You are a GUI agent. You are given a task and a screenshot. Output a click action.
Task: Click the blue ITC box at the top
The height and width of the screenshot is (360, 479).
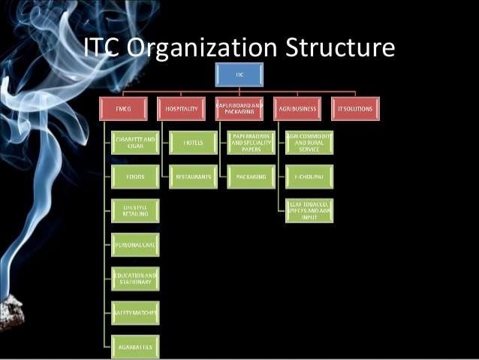[239, 74]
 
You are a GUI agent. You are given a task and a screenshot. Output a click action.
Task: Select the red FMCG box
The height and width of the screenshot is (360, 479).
[123, 109]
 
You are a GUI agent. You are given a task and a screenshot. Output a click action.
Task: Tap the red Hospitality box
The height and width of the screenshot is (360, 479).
[181, 109]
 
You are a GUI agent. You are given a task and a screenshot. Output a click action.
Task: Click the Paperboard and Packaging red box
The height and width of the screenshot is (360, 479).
[239, 109]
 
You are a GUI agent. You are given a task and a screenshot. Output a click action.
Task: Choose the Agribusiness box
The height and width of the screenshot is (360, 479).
[297, 109]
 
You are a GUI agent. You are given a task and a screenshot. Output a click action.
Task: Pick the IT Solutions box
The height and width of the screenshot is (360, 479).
[355, 109]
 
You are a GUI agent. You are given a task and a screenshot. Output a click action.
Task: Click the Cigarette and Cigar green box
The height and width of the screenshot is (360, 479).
[135, 142]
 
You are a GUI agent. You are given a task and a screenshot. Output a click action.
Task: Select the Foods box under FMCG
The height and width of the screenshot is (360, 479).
[135, 177]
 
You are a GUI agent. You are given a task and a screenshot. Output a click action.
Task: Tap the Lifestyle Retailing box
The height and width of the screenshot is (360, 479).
[135, 210]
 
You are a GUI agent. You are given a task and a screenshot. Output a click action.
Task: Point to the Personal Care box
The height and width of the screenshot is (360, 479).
[135, 244]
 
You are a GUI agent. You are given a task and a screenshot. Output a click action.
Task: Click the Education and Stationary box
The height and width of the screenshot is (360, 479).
[135, 278]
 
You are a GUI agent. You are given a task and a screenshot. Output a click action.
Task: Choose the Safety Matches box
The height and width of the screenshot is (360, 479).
[135, 312]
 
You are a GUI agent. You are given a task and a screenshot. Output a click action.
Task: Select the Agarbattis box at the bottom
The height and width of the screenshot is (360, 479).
[135, 346]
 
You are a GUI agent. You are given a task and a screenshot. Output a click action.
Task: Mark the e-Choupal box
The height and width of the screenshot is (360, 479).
[309, 177]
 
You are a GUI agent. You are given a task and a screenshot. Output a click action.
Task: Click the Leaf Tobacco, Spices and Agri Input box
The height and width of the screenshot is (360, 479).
[309, 210]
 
